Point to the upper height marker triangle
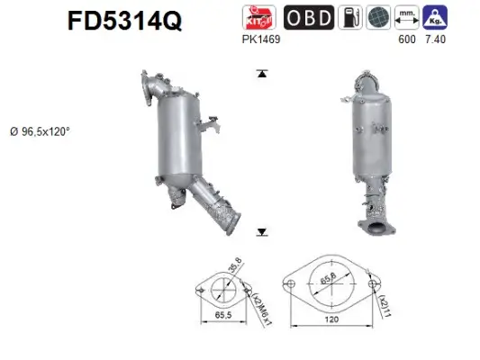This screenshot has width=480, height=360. [262, 74]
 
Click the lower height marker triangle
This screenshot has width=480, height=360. [262, 232]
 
